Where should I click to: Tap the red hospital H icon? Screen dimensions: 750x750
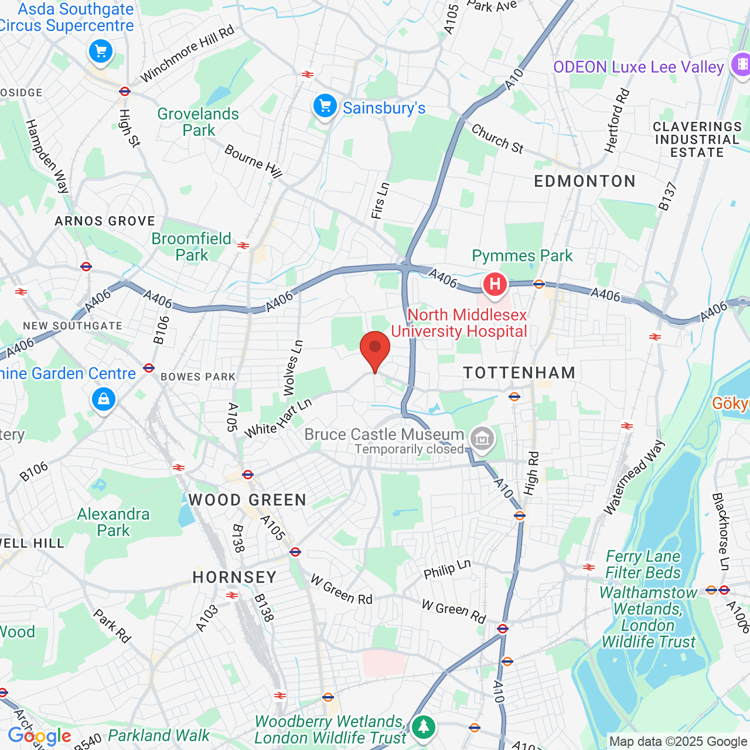[x=495, y=285]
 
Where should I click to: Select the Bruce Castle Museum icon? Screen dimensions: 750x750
[x=482, y=438]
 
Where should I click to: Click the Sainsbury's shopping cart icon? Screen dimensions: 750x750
[x=325, y=107]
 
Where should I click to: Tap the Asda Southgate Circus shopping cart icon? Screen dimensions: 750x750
[x=101, y=52]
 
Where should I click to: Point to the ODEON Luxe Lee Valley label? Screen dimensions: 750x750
[x=639, y=67]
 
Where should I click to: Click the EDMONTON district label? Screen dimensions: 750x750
[x=585, y=181]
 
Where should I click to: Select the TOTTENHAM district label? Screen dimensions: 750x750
[x=519, y=373]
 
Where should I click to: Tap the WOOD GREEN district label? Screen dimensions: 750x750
[x=247, y=500]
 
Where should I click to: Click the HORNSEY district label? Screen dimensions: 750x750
[x=234, y=577]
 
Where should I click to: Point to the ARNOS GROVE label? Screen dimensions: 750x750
[x=105, y=221]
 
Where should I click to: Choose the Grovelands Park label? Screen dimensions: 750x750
[x=198, y=122]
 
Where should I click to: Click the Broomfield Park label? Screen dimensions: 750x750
[x=192, y=247]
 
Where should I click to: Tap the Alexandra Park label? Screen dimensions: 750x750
[x=114, y=522]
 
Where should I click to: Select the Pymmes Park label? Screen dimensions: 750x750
[x=522, y=255]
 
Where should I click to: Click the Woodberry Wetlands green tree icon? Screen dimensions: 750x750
[x=423, y=727]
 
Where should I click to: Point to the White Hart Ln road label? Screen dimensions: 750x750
[x=278, y=418]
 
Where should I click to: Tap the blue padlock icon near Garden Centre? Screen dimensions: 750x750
[x=104, y=400]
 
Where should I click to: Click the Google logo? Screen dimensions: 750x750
[x=40, y=736]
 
